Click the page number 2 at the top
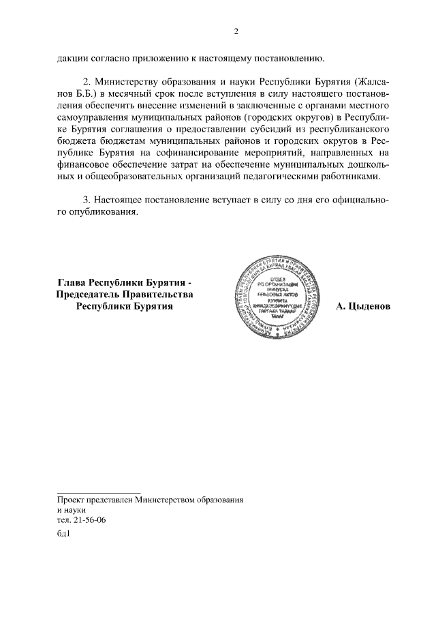click(x=236, y=31)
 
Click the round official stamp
click(x=275, y=297)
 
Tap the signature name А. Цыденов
click(x=364, y=307)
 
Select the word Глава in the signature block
click(x=74, y=282)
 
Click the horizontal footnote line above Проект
click(x=98, y=492)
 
